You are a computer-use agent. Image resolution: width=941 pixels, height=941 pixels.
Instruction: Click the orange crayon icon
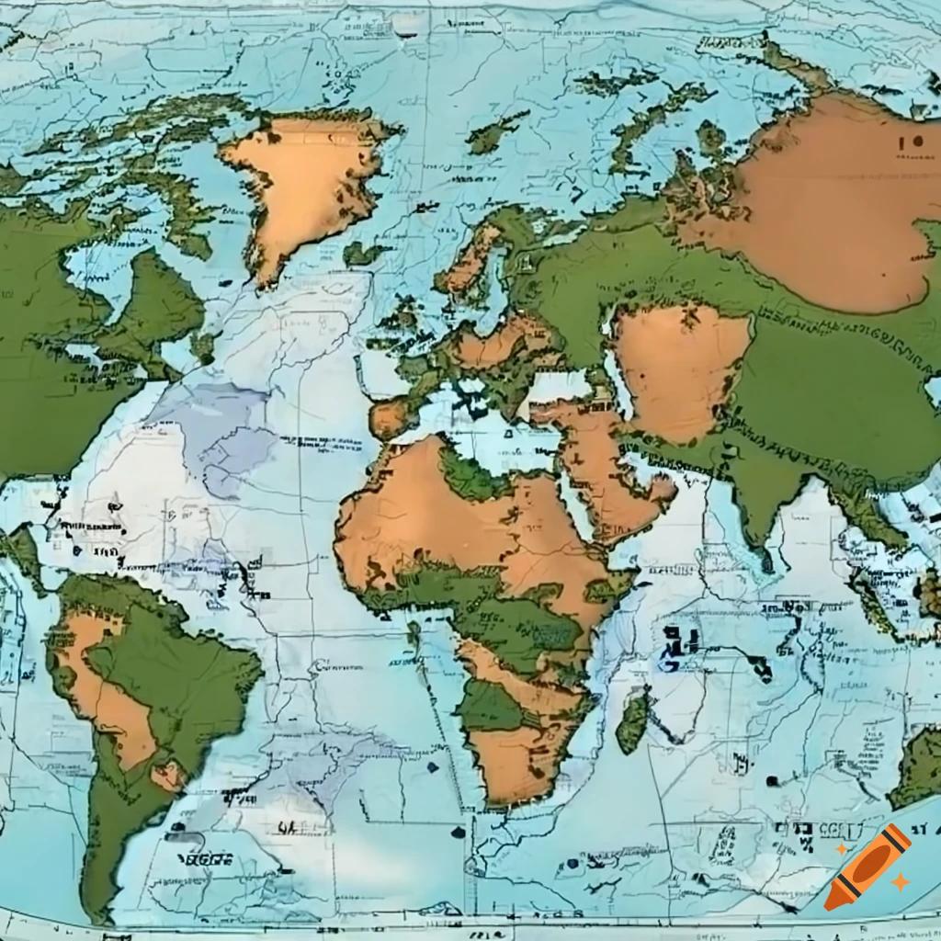tap(867, 867)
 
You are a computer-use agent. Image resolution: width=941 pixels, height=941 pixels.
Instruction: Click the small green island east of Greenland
tap(361, 253)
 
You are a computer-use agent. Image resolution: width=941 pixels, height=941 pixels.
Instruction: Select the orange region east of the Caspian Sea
tap(680, 368)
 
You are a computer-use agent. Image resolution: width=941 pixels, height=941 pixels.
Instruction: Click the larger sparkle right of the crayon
tap(900, 882)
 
